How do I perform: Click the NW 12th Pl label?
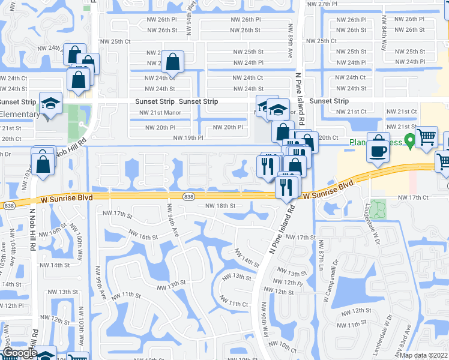290,282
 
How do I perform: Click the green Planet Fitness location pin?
410,142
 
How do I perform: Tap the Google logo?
19,353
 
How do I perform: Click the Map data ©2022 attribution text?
424,356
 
